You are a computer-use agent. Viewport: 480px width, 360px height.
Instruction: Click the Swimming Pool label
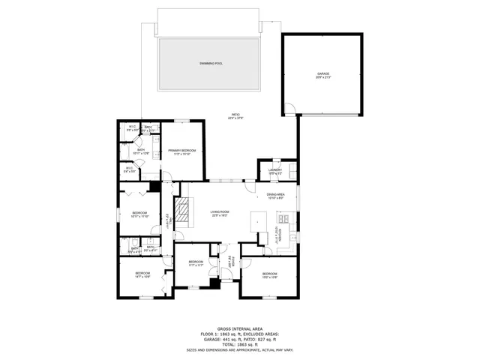tap(211, 64)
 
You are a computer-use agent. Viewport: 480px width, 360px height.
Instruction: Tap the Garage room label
tap(322, 75)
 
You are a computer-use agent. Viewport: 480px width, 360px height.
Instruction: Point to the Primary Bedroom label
tap(182, 152)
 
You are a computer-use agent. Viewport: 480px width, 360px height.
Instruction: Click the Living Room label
tap(219, 214)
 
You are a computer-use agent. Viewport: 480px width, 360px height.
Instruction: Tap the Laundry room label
tap(274, 171)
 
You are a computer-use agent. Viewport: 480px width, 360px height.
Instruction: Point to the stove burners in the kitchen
tap(286, 218)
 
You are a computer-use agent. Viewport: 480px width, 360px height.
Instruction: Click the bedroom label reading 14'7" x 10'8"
tap(142, 274)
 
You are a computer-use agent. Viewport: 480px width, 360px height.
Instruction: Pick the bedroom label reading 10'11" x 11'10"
tap(139, 214)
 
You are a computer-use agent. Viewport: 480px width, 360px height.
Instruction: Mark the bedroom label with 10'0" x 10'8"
tap(270, 275)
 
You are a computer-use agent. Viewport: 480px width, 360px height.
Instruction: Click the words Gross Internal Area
tap(240, 328)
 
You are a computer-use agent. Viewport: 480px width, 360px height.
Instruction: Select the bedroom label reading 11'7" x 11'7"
tap(196, 262)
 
